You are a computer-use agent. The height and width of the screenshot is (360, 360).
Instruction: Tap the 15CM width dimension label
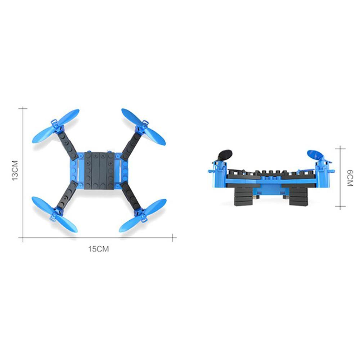click(x=98, y=249)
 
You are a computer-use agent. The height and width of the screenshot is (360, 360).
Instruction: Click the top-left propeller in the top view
click(x=56, y=126)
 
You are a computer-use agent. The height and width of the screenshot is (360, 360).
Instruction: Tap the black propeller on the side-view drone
click(x=225, y=156)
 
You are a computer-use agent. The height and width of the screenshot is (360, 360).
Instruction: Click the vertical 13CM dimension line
click(x=23, y=173)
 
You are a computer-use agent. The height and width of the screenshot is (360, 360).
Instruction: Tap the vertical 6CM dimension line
click(x=340, y=177)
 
